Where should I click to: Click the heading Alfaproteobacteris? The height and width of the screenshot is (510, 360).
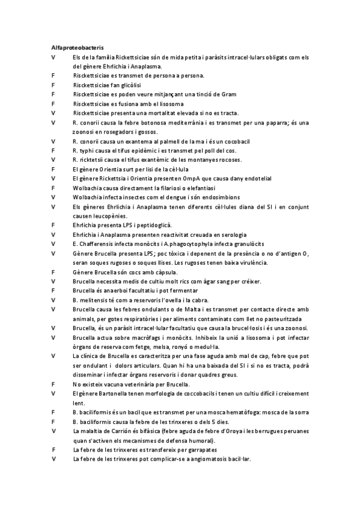pos(77,46)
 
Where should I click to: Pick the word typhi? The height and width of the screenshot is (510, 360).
pos(86,150)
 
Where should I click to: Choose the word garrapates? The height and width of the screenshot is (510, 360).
pos(198,449)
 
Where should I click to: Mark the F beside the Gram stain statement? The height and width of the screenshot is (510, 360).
pos(53,94)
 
